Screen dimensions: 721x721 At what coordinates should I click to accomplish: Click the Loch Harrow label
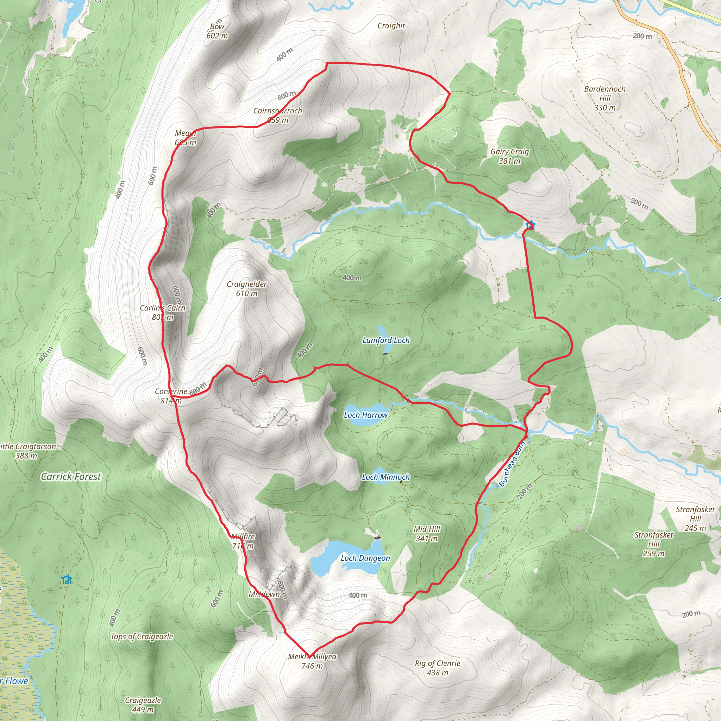[365, 415]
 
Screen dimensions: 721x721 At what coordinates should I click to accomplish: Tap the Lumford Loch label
[386, 340]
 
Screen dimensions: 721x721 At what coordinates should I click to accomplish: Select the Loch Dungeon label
[365, 558]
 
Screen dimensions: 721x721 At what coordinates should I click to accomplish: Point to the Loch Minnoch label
[385, 477]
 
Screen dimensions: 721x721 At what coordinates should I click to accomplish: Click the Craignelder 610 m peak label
[247, 289]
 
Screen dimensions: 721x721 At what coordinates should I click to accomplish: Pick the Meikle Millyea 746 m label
[312, 661]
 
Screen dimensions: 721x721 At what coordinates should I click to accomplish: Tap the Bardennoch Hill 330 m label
[604, 98]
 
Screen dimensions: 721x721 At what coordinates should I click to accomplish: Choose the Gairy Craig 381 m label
[509, 156]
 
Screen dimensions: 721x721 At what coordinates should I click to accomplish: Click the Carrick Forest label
[71, 477]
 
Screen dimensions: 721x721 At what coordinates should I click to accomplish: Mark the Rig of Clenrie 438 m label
[437, 667]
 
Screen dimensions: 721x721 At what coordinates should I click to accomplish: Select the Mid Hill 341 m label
[427, 534]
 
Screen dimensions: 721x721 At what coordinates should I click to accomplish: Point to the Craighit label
[391, 26]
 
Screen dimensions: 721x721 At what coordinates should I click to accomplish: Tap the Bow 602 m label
[217, 31]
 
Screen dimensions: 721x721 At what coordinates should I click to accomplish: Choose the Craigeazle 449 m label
[143, 704]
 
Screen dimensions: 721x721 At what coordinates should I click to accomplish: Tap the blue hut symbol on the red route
[530, 225]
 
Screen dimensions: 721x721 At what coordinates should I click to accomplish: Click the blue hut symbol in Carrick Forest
[67, 579]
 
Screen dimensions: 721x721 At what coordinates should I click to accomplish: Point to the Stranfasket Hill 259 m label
[654, 544]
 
